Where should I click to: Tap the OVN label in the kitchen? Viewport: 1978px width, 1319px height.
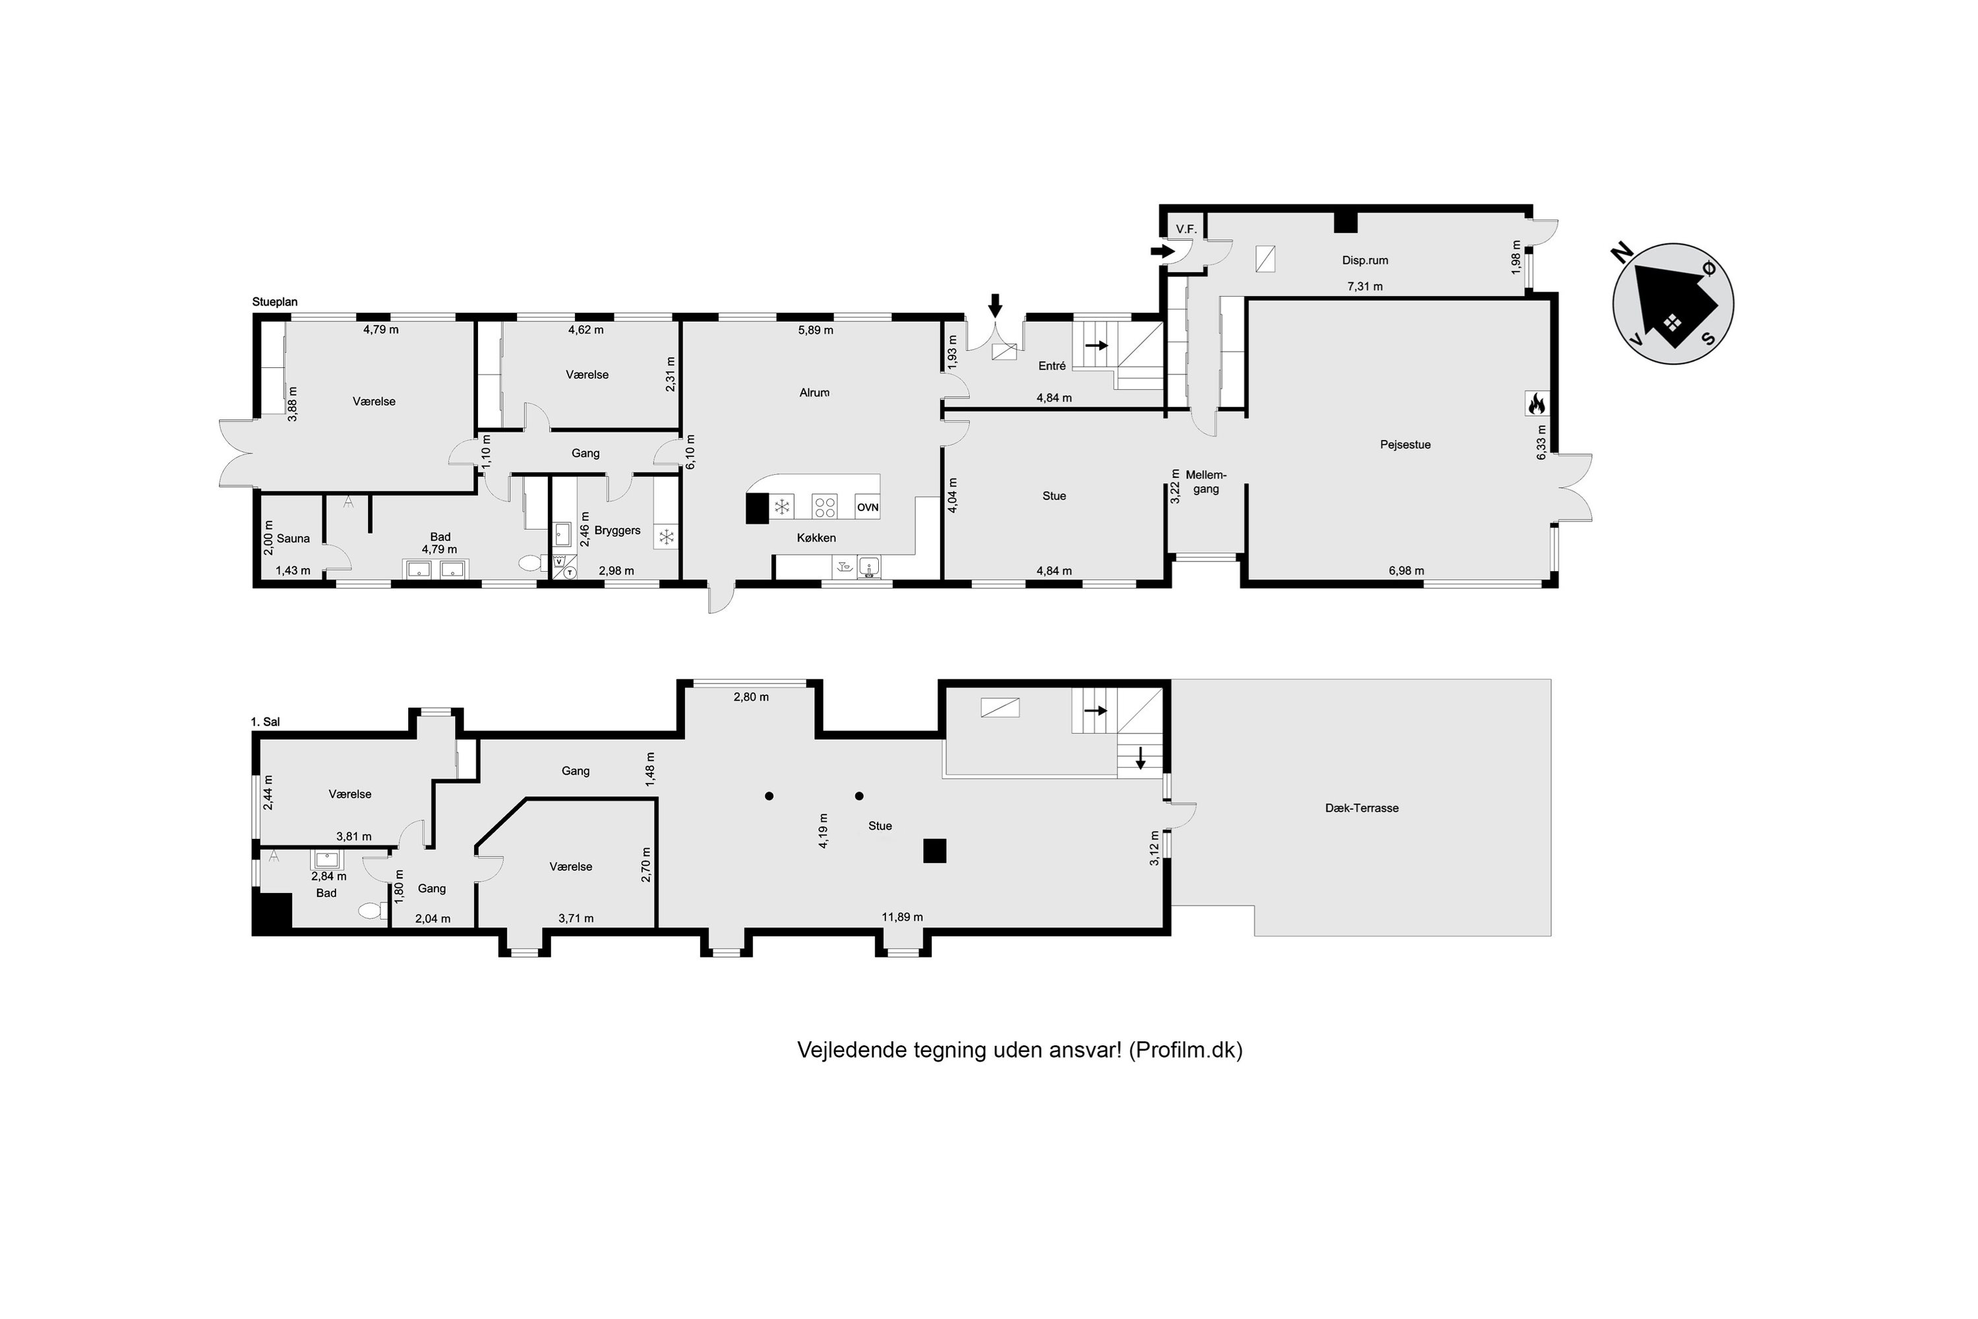coord(867,507)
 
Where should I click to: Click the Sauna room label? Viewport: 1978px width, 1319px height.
coord(293,538)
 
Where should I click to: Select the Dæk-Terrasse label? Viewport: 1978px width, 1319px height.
coord(1362,807)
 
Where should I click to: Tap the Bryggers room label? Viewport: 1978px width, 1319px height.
coord(617,531)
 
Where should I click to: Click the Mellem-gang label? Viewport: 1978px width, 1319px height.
coord(1206,482)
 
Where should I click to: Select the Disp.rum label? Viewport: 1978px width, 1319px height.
coord(1365,261)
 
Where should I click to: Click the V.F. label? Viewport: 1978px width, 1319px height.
coord(1185,229)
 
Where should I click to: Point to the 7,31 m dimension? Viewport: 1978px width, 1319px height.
coord(1365,286)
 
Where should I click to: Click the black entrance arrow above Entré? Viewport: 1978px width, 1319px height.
coord(995,305)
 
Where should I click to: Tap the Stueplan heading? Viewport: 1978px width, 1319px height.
coord(275,302)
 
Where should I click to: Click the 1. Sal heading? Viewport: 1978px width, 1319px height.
coord(265,721)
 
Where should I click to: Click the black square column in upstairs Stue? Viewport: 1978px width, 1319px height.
coord(934,851)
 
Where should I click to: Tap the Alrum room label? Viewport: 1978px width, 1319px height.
coord(814,393)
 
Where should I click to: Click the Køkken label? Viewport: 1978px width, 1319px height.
coord(817,537)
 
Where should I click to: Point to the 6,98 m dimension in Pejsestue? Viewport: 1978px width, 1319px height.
coord(1406,570)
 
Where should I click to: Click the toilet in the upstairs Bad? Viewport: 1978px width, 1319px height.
coord(371,910)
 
